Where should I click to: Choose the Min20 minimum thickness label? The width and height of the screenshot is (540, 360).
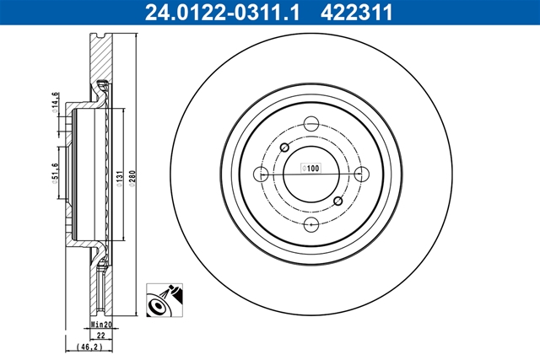[101, 324]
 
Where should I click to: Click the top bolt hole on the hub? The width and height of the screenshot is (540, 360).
[311, 123]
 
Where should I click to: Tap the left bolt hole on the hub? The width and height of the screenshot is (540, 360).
[262, 174]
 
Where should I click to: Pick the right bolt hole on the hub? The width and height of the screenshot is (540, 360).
[362, 174]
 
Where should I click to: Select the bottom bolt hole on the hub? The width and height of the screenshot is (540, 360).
[311, 223]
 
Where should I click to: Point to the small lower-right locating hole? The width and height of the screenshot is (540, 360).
[338, 201]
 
